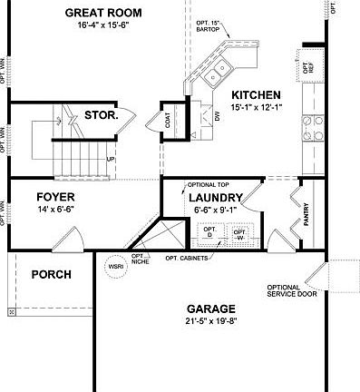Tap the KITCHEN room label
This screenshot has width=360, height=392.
[x=256, y=95]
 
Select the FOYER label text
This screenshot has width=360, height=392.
[x=55, y=197]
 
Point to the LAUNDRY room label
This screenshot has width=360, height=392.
[x=214, y=196]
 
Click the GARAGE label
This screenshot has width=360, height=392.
[x=210, y=309]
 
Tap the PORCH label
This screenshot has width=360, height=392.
[x=52, y=274]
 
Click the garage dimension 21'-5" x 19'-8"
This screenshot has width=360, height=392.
[x=210, y=321]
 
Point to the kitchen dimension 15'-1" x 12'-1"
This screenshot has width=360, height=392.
[x=256, y=108]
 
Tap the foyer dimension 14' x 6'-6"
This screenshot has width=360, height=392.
[x=55, y=210]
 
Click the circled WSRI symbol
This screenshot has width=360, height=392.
[x=115, y=268]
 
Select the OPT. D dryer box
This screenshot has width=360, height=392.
[x=210, y=233]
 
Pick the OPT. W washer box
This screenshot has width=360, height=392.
[x=239, y=233]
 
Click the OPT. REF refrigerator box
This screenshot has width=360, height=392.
[x=308, y=66]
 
